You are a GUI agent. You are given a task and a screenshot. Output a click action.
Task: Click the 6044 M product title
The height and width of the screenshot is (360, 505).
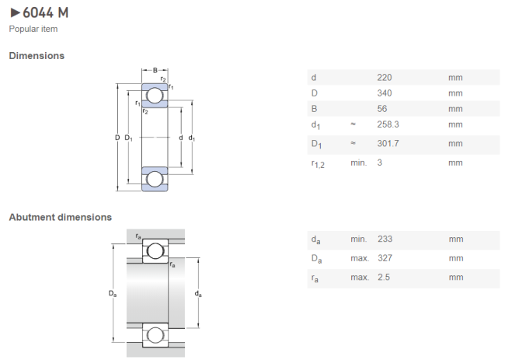45,13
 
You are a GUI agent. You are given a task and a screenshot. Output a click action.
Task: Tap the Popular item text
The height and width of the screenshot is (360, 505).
33,29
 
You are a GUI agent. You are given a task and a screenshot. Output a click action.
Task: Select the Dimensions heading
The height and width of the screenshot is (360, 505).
37,56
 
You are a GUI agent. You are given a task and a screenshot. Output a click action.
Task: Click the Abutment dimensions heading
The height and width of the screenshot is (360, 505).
61,217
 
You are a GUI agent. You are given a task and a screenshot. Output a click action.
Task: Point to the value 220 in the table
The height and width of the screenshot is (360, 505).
385,78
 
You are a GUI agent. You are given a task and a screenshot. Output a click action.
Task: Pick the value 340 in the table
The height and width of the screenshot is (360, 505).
385,93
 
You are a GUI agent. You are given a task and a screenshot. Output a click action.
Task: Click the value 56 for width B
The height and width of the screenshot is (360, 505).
382,109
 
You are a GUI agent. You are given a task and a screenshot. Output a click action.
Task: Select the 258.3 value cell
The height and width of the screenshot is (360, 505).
388,124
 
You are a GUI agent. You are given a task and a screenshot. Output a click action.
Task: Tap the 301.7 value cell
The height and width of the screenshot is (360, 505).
388,143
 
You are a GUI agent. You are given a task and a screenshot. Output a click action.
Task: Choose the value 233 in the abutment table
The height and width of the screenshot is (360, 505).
385,239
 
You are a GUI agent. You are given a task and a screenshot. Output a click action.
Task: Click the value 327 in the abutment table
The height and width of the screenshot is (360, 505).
385,258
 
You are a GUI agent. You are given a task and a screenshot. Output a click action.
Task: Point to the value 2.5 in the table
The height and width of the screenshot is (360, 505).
384,277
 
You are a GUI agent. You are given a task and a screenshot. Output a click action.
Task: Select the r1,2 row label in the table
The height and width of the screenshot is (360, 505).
318,164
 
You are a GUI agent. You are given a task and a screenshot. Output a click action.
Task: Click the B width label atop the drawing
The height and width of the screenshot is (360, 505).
155,70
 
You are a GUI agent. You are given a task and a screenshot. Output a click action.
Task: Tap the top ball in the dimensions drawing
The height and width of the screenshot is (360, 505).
155,96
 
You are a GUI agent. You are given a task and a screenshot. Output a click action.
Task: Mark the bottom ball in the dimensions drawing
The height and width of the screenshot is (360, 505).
155,179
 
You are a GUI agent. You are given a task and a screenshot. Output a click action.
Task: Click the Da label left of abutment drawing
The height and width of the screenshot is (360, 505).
113,294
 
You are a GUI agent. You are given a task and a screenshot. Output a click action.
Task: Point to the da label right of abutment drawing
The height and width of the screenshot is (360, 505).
198,294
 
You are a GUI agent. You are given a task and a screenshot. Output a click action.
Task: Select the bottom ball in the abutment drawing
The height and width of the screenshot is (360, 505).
155,335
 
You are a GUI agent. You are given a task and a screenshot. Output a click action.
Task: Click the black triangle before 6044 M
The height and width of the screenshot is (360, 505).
15,13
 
